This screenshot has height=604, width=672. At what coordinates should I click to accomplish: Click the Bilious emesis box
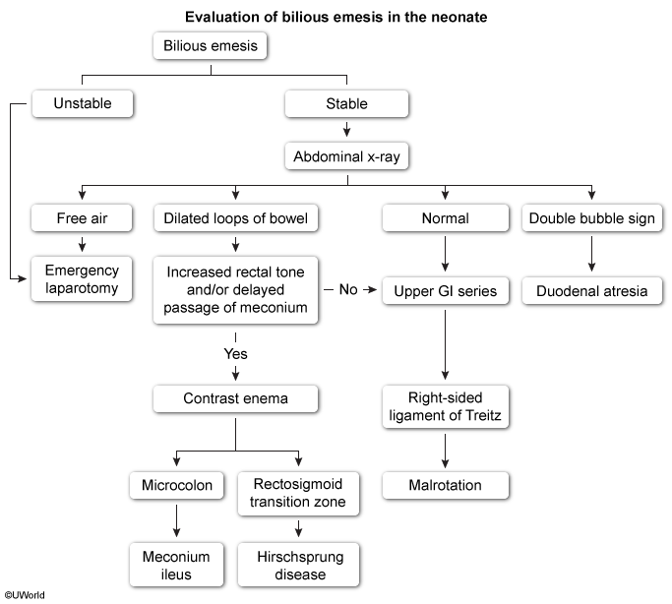pyautogui.click(x=210, y=45)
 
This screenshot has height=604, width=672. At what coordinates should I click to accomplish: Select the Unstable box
pyautogui.click(x=83, y=103)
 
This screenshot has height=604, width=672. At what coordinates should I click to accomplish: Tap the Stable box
pyautogui.click(x=346, y=103)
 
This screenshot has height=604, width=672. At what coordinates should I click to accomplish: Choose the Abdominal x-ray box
pyautogui.click(x=346, y=156)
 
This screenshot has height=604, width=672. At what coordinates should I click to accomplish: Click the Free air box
pyautogui.click(x=82, y=218)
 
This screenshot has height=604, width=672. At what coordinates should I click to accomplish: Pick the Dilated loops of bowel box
pyautogui.click(x=236, y=218)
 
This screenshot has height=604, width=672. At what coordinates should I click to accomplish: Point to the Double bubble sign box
pyautogui.click(x=592, y=218)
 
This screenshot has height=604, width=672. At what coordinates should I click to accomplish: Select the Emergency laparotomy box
pyautogui.click(x=82, y=278)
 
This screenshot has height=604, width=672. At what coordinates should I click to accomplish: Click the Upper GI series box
pyautogui.click(x=446, y=291)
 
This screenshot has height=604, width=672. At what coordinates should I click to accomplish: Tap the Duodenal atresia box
pyautogui.click(x=592, y=291)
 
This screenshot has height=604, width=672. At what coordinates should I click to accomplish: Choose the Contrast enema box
pyautogui.click(x=236, y=398)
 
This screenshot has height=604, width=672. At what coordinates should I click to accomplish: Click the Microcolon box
pyautogui.click(x=176, y=485)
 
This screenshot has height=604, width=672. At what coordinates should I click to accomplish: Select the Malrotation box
pyautogui.click(x=446, y=485)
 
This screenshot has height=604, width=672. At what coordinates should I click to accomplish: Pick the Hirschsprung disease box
pyautogui.click(x=299, y=565)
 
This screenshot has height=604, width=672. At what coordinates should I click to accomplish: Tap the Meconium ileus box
pyautogui.click(x=176, y=565)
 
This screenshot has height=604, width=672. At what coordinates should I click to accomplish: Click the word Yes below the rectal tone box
pyautogui.click(x=236, y=354)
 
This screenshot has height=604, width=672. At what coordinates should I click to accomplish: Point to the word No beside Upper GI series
pyautogui.click(x=348, y=289)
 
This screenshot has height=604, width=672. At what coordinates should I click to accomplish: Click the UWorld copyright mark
pyautogui.click(x=25, y=595)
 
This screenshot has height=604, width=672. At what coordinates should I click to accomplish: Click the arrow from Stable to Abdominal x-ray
pyautogui.click(x=346, y=130)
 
